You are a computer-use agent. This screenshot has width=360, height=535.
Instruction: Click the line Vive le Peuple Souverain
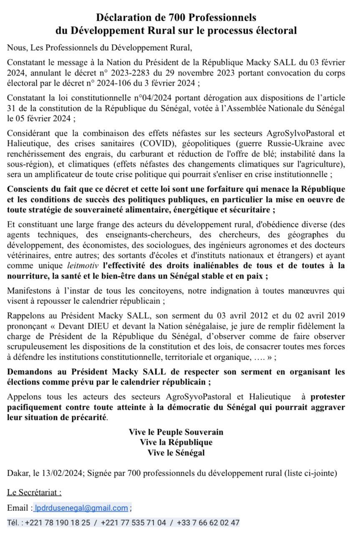click(176, 432)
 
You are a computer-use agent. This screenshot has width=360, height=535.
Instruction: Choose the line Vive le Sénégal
click(176, 452)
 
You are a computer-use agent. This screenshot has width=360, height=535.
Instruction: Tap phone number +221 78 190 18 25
click(58, 523)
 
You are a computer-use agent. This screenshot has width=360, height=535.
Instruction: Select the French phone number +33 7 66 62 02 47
click(208, 523)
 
